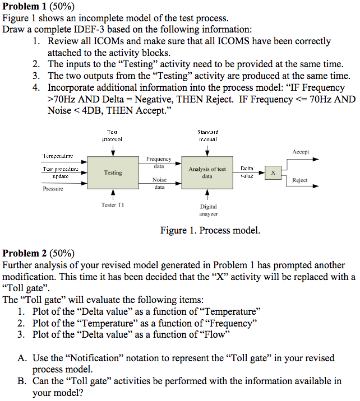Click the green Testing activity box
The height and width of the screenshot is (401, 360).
click(x=113, y=172)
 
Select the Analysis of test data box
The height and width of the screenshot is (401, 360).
click(x=207, y=172)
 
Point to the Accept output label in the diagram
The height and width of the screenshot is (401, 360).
click(x=301, y=152)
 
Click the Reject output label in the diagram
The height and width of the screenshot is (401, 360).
click(x=300, y=180)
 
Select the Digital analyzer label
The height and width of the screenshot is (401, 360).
click(x=208, y=210)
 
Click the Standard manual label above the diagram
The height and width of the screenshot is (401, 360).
click(x=207, y=134)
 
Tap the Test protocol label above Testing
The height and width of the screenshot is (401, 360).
click(x=113, y=134)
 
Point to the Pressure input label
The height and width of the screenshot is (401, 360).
click(x=53, y=189)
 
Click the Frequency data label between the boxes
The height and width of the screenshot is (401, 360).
click(x=159, y=162)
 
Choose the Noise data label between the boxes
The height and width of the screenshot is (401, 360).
click(x=159, y=183)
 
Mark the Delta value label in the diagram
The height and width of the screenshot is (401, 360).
click(x=247, y=171)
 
